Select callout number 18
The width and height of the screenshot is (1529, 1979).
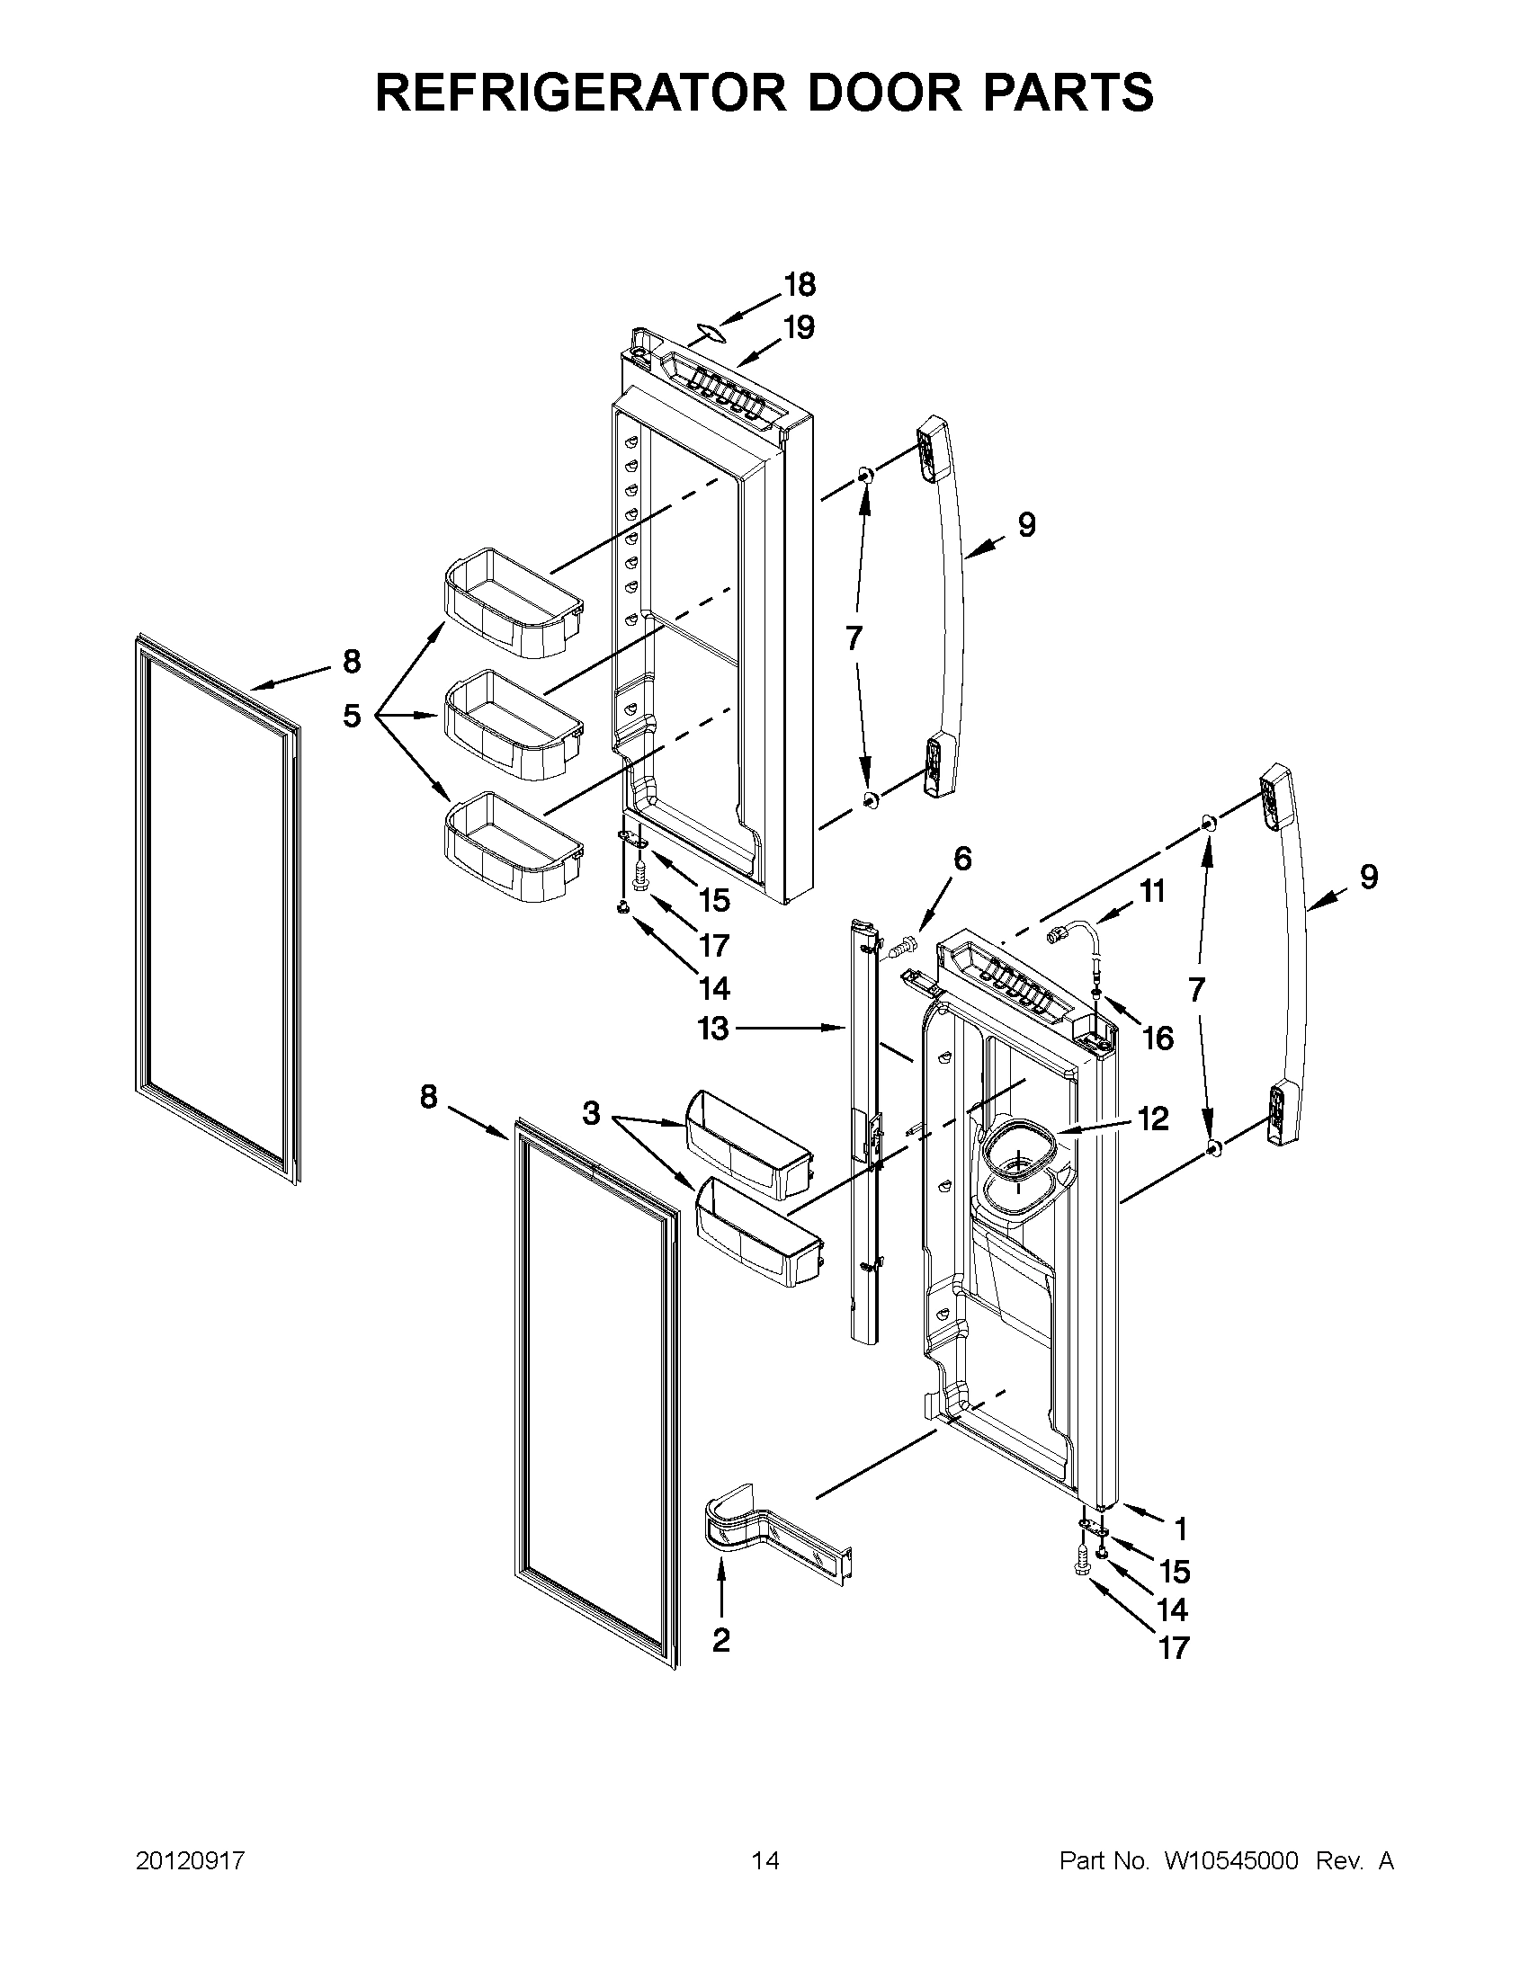800,285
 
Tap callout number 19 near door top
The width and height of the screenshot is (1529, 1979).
800,327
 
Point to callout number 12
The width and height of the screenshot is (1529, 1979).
1153,1119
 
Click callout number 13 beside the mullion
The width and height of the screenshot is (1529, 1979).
713,1029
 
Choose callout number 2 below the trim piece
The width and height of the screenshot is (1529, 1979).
720,1640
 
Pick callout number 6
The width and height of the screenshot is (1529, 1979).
962,858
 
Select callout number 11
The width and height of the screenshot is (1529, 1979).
1152,892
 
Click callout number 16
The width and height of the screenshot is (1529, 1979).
1158,1039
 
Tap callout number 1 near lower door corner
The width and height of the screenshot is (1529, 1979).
1180,1529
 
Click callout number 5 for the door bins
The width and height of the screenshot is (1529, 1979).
352,716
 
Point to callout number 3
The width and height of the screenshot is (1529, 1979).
591,1113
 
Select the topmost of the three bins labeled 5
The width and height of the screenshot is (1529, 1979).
511,602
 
